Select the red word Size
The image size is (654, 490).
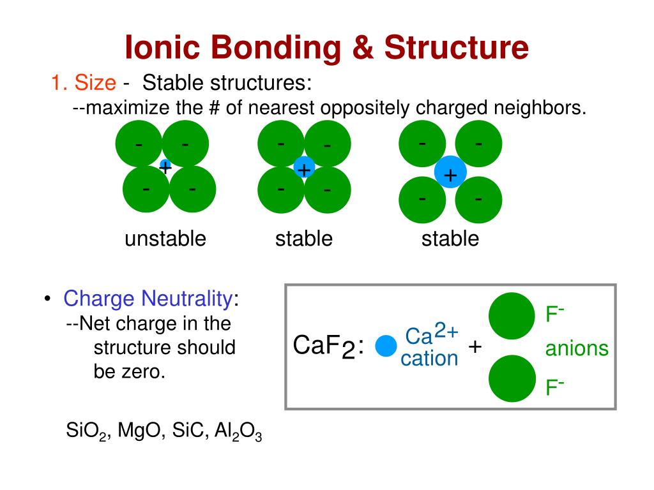[x=96, y=82]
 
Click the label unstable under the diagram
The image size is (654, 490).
[x=165, y=239]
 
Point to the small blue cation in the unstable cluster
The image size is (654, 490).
[x=165, y=165]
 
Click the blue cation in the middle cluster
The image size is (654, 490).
[x=304, y=168]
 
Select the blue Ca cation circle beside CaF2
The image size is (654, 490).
[x=386, y=346]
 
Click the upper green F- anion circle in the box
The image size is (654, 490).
[x=512, y=316]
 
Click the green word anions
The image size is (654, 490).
[x=576, y=348]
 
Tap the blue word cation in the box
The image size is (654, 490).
[x=429, y=359]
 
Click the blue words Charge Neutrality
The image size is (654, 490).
[x=148, y=298]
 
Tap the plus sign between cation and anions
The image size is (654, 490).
[x=475, y=346]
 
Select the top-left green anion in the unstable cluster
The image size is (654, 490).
[x=139, y=144]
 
